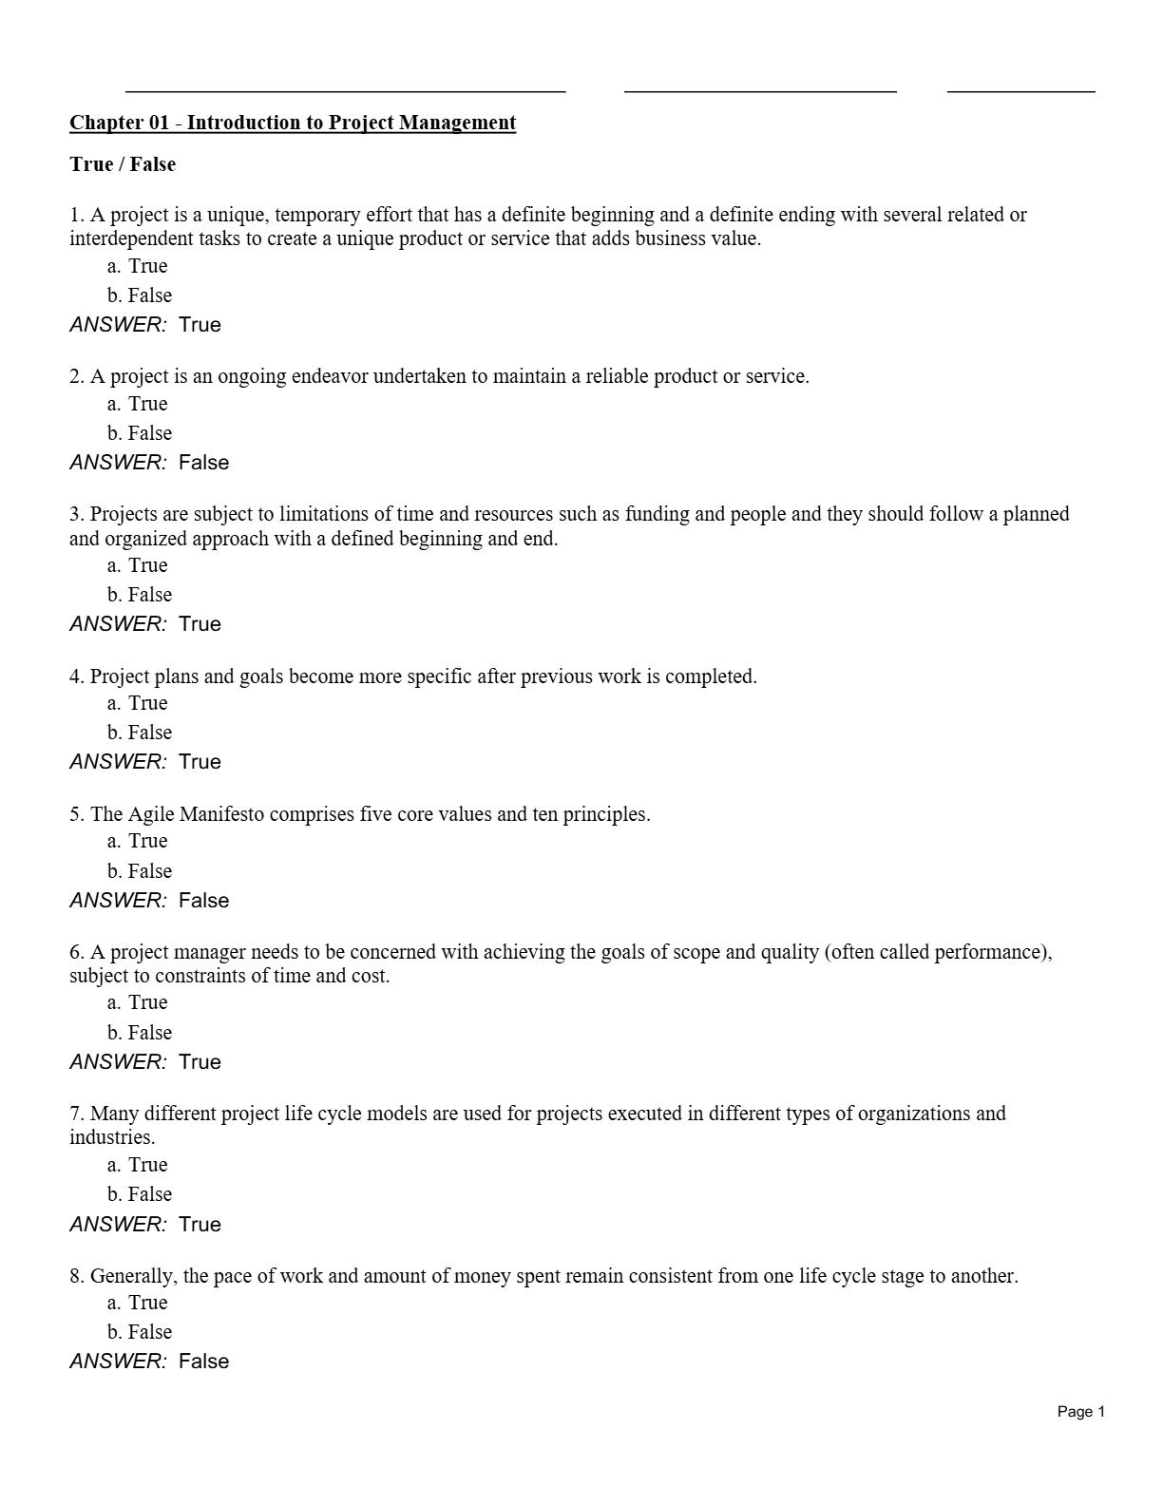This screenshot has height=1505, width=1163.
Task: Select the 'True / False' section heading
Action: tap(123, 164)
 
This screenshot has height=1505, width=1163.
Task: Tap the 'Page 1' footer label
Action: tap(1080, 1412)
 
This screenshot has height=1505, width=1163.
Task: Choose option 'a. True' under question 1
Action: tap(138, 266)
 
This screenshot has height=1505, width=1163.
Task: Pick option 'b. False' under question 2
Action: tap(140, 433)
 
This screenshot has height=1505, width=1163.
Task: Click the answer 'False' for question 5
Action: tap(203, 901)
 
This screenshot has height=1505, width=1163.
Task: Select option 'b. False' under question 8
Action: tap(140, 1332)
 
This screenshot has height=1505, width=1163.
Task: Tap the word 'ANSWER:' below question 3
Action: tap(118, 624)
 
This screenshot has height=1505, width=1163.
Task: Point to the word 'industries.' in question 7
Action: tap(112, 1137)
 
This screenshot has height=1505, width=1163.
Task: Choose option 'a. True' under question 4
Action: tap(138, 703)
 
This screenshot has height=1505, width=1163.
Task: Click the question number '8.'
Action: tap(77, 1276)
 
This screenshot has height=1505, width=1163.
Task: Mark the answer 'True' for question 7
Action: tap(200, 1225)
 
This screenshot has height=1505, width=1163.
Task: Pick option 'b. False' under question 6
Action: tap(140, 1033)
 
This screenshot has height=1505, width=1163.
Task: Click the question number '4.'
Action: tap(77, 676)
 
